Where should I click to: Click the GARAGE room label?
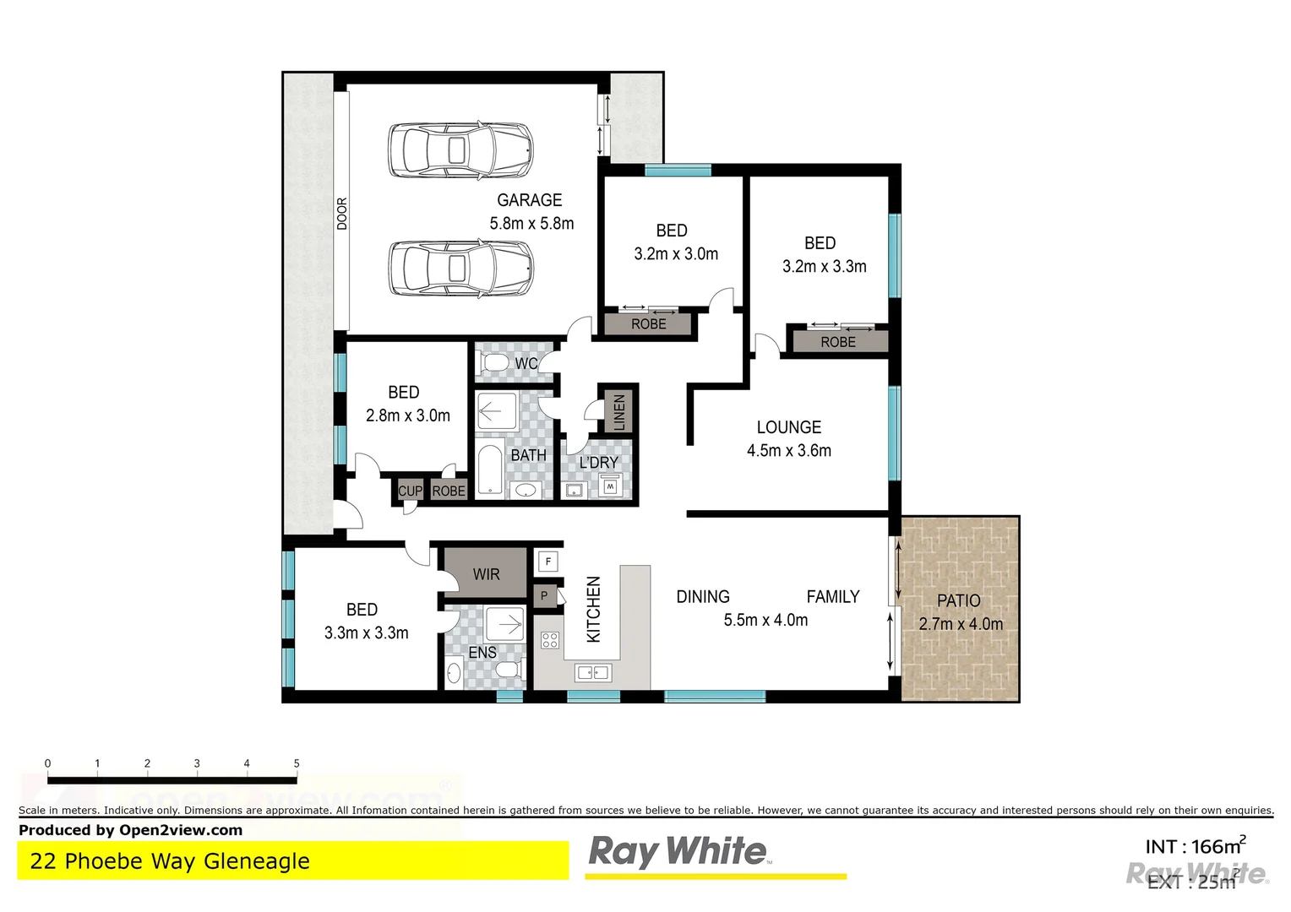tap(529, 200)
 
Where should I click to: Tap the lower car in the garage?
tap(460, 269)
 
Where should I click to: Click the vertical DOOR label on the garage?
tap(342, 214)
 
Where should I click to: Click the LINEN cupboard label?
tap(619, 412)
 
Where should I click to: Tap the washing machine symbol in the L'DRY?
tap(610, 486)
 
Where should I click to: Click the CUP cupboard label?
tap(410, 491)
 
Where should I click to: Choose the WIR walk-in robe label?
tap(486, 574)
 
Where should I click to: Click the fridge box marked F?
tap(548, 561)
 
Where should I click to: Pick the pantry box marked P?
tap(544, 595)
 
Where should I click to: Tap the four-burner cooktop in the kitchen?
tap(550, 640)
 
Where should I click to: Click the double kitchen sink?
tap(592, 672)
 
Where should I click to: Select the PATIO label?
tap(959, 600)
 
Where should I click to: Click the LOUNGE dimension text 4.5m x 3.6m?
tap(788, 451)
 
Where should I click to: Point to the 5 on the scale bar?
tap(297, 763)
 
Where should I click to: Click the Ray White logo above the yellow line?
tap(678, 851)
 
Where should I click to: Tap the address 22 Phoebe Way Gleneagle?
tap(170, 861)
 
